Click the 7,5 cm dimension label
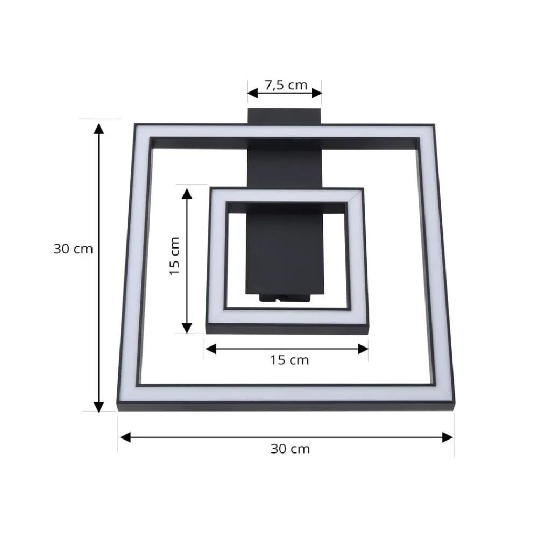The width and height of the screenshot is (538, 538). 285,85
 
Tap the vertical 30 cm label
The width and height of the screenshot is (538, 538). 73,250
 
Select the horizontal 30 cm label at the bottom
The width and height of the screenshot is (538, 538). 290,449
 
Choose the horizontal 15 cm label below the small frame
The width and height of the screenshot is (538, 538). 289,360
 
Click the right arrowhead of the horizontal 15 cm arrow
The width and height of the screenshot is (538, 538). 363,349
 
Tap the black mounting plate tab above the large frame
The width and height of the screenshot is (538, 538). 285,116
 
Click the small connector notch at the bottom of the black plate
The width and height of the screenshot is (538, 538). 285,298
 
